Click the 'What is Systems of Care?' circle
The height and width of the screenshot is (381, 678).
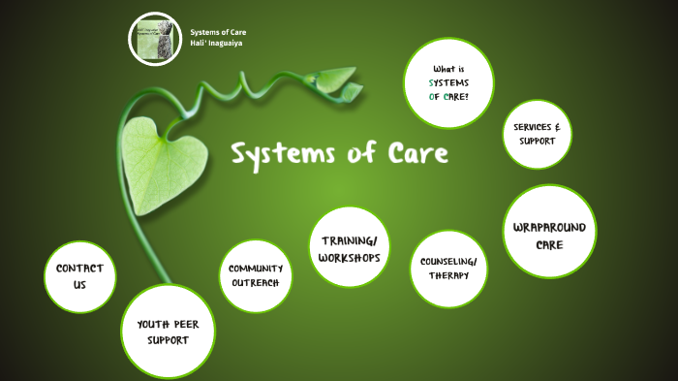(448, 83)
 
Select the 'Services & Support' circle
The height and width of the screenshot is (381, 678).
(536, 134)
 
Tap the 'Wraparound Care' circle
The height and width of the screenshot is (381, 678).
(549, 236)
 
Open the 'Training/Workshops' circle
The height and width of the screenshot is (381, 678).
(350, 247)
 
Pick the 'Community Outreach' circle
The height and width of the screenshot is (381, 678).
(256, 275)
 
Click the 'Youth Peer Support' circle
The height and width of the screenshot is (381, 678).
(168, 333)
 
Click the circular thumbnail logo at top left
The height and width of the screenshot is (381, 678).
(156, 40)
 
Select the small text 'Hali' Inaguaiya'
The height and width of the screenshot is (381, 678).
(217, 45)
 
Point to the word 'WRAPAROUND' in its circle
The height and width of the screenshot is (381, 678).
(549, 228)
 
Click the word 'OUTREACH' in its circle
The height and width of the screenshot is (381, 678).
(256, 282)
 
